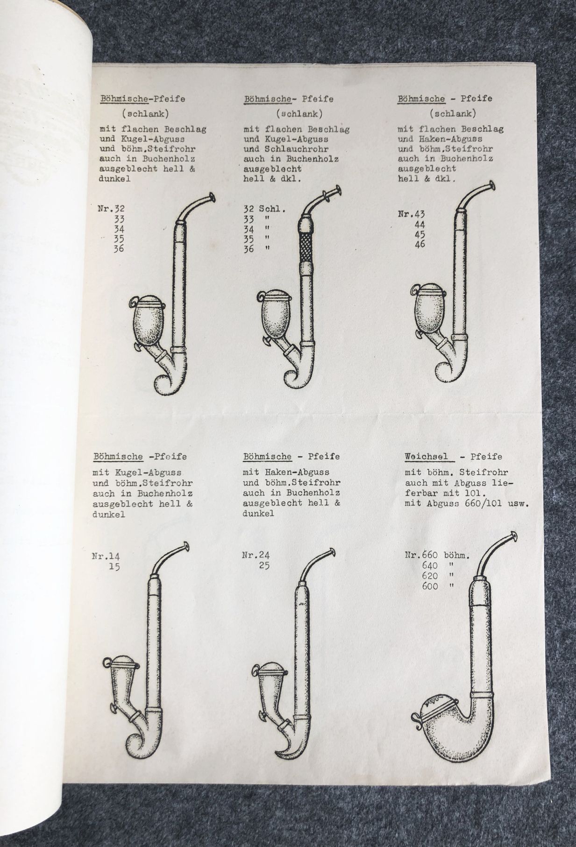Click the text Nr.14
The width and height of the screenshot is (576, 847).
106,556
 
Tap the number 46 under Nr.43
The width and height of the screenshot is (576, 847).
420,244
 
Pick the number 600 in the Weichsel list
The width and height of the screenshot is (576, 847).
430,586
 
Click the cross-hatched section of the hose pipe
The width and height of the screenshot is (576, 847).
306,252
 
